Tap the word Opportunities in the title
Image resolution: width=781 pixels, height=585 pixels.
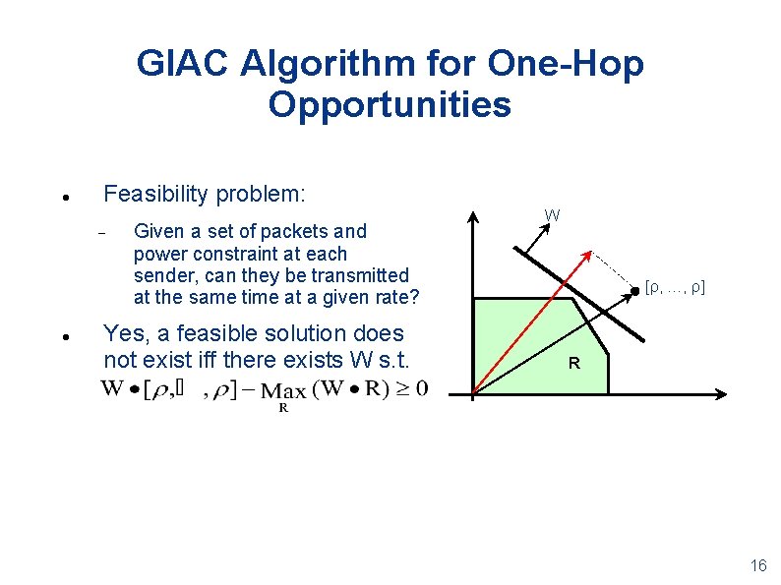[x=390, y=104]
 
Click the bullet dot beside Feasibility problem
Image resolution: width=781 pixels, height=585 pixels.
[x=62, y=197]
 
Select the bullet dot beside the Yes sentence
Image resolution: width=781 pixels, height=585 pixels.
[x=62, y=336]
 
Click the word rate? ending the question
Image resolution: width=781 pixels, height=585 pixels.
[x=395, y=297]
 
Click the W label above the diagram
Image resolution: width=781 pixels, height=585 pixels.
[x=553, y=214]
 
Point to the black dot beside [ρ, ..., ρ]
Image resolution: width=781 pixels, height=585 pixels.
[x=634, y=289]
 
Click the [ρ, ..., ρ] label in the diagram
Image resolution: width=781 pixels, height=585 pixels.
[x=675, y=288]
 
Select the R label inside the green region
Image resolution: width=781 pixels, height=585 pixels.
[x=574, y=364]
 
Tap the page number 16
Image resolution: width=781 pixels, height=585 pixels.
[x=757, y=565]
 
